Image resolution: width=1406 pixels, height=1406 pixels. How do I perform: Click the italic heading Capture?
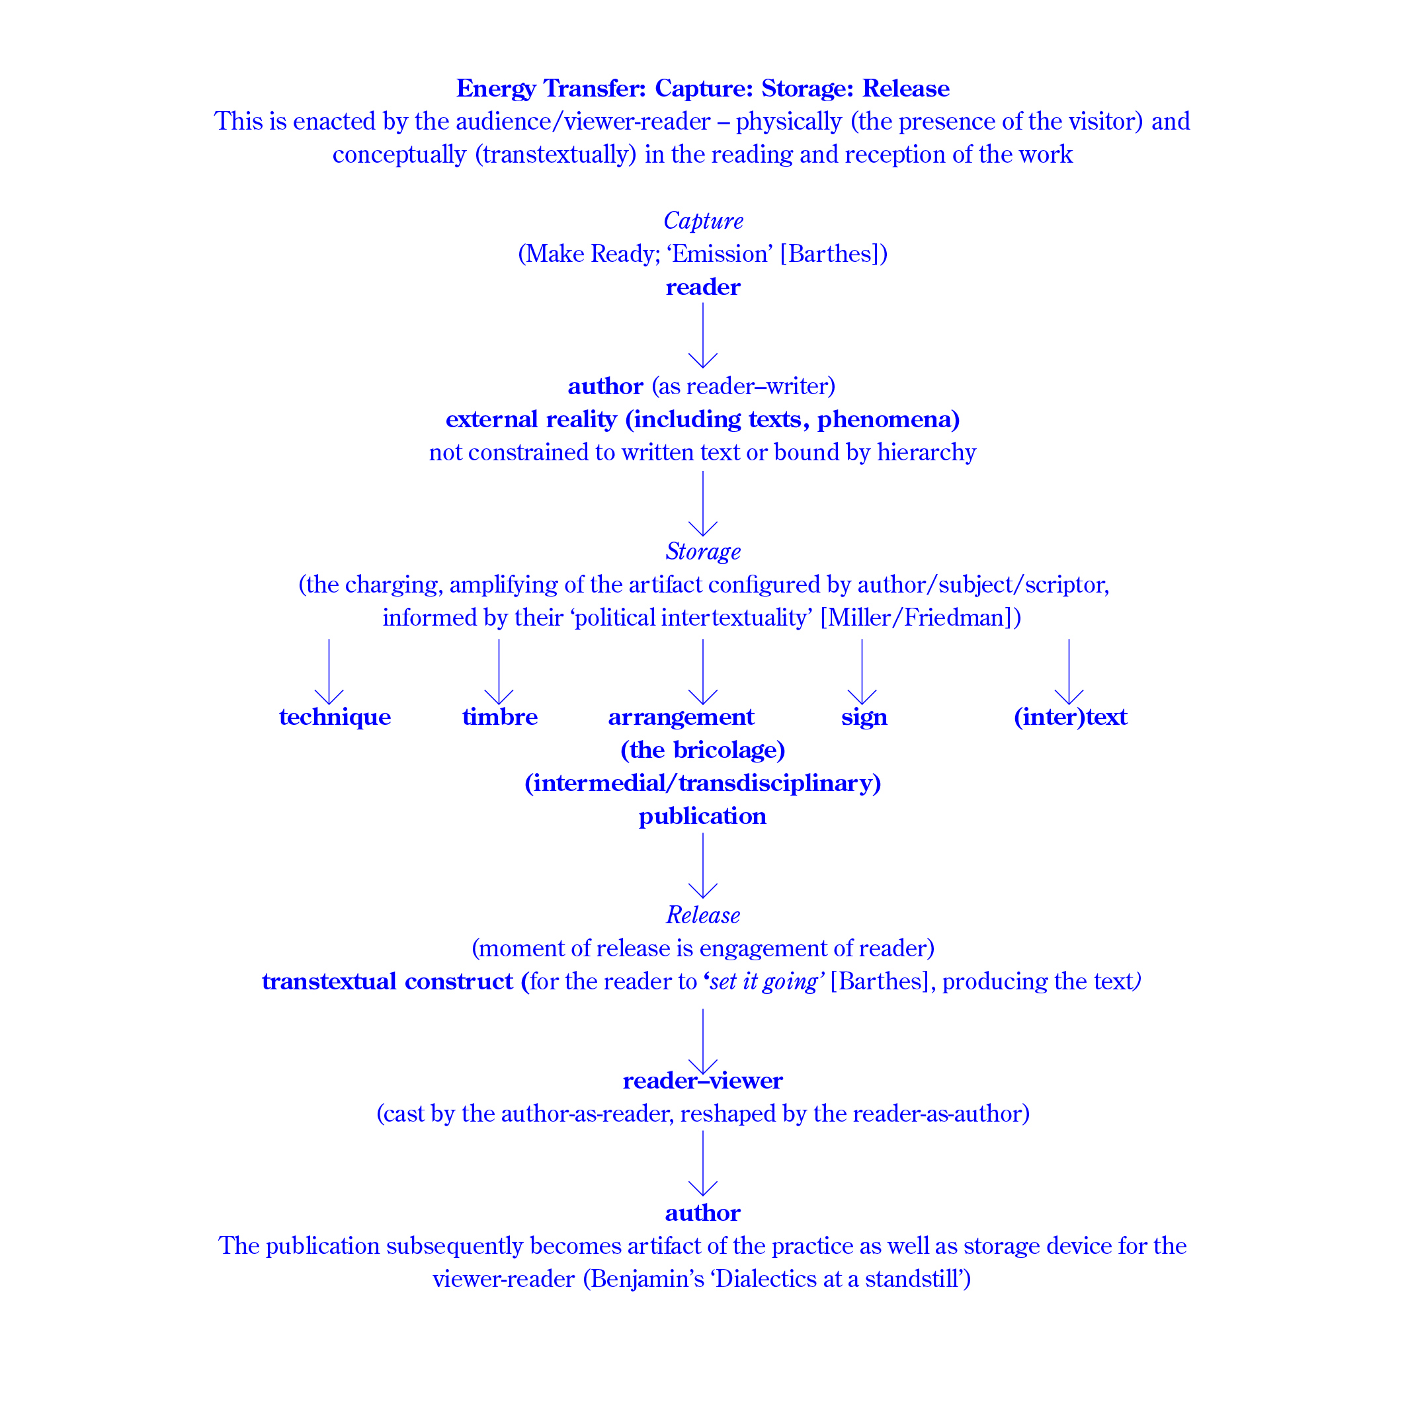(x=703, y=220)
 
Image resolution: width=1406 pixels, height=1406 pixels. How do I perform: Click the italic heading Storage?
(x=703, y=552)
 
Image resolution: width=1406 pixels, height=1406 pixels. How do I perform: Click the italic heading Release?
(x=703, y=915)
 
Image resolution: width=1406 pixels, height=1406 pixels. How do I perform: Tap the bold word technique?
(x=335, y=718)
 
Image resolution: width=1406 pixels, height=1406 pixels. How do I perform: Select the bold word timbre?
(x=500, y=718)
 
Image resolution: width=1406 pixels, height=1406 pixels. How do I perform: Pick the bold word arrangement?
(x=681, y=718)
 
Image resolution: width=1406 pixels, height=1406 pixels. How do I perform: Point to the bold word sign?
(x=864, y=718)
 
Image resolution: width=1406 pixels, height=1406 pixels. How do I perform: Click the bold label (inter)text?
(x=1070, y=718)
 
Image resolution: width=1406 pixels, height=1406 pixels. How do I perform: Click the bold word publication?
(x=703, y=817)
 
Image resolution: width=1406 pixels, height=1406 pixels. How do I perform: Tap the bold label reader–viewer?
(x=703, y=1081)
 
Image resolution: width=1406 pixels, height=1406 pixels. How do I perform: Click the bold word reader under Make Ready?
(x=703, y=288)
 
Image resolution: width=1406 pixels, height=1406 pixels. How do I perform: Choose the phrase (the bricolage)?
(x=703, y=751)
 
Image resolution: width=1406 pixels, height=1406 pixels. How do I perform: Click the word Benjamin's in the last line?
(x=647, y=1280)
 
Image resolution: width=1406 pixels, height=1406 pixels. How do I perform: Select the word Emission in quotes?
(x=720, y=254)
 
